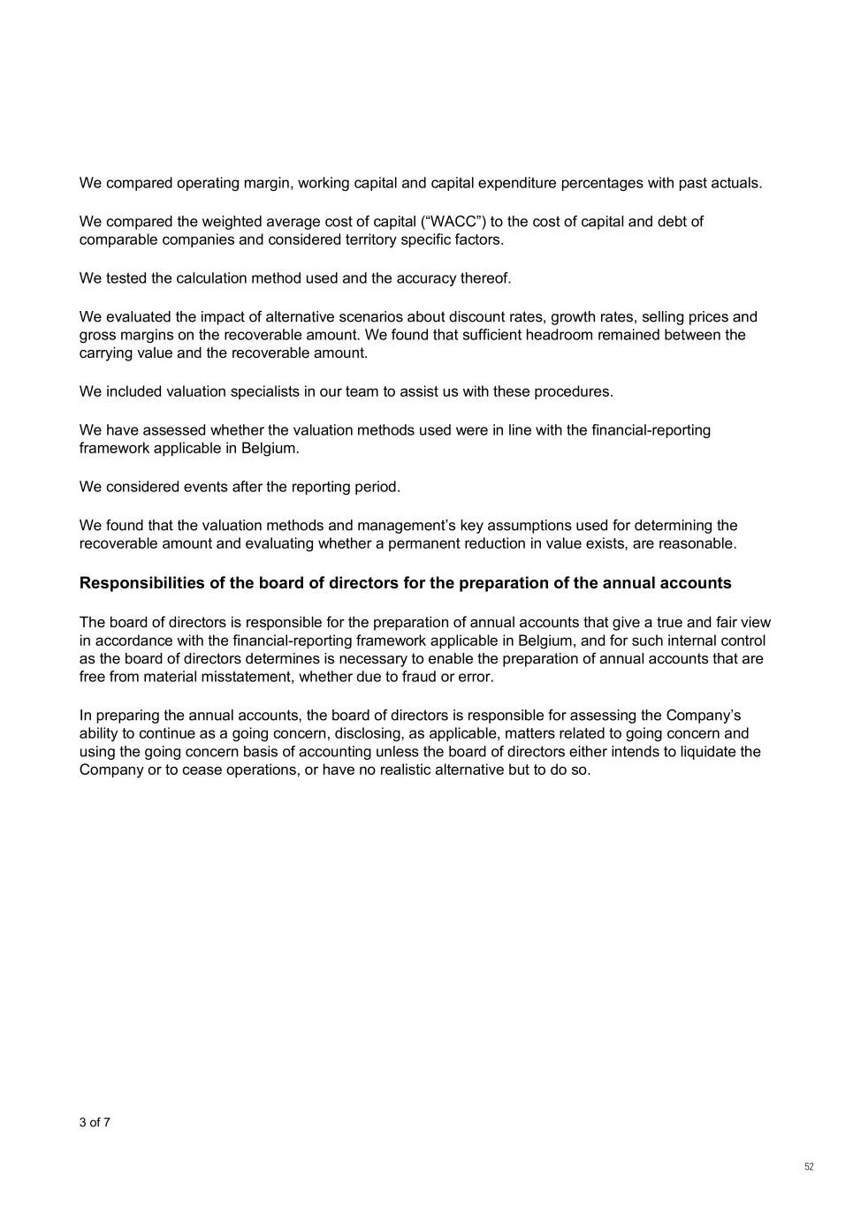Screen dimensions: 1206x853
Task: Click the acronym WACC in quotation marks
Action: coord(454,222)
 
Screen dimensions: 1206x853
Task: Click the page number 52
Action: coord(809,1167)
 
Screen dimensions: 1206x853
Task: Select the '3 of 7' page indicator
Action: coord(95,1123)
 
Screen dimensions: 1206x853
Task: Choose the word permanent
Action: coord(422,543)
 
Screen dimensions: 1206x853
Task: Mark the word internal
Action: coord(690,641)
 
